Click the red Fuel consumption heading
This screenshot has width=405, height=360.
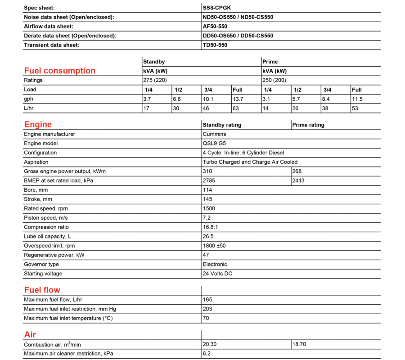click(x=59, y=71)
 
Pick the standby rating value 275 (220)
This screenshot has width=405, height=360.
click(x=155, y=80)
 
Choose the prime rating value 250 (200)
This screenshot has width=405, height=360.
click(x=274, y=80)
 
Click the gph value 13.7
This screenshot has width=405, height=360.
click(x=238, y=99)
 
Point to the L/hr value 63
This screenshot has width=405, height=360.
click(x=235, y=108)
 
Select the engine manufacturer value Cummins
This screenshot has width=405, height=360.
click(x=214, y=134)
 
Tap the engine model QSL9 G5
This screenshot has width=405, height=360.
click(x=215, y=144)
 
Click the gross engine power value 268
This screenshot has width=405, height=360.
click(x=297, y=171)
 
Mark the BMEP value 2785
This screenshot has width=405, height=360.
click(x=209, y=180)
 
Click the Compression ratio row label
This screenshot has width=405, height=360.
click(x=46, y=227)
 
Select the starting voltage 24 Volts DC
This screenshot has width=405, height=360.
click(x=217, y=274)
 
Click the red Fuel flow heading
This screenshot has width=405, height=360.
click(x=42, y=290)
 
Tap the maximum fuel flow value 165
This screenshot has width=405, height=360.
click(x=207, y=300)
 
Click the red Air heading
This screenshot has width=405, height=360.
click(x=30, y=334)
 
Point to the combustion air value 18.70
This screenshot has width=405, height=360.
click(x=299, y=344)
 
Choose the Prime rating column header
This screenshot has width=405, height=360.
click(x=308, y=125)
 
